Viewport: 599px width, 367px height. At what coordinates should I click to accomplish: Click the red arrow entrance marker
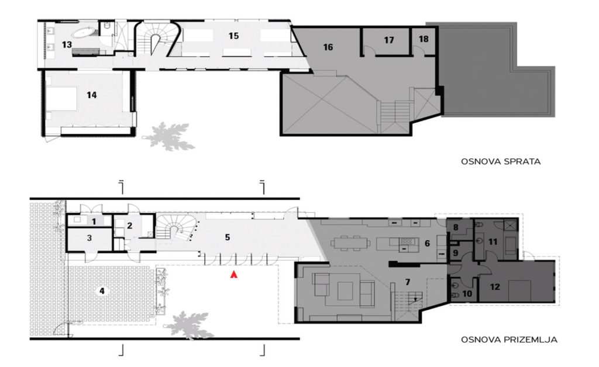[x=234, y=274]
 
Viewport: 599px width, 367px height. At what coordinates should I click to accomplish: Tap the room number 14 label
[x=92, y=95]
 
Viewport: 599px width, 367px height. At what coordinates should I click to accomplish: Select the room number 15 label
[x=234, y=36]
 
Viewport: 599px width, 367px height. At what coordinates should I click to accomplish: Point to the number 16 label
[x=328, y=47]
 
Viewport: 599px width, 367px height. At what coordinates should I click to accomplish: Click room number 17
[x=389, y=40]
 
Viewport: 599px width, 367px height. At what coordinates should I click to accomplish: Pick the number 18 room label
[x=424, y=39]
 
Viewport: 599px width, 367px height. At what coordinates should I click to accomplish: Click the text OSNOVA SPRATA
[x=501, y=161]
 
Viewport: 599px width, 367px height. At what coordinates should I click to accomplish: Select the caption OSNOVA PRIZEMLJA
[x=510, y=340]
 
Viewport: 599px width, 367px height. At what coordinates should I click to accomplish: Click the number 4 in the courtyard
[x=102, y=291]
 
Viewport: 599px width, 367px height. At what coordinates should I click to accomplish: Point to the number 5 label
[x=228, y=237]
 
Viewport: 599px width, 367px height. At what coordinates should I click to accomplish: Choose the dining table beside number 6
[x=351, y=243]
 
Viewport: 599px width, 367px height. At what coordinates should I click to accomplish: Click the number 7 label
[x=408, y=282]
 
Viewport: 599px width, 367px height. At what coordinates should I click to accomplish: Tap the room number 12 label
[x=495, y=286]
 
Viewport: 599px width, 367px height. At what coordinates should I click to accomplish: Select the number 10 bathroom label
[x=467, y=294]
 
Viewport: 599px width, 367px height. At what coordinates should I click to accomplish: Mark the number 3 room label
[x=89, y=238]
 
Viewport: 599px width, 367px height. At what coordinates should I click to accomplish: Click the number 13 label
[x=67, y=44]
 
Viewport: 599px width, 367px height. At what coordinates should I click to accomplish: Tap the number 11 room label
[x=493, y=242]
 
